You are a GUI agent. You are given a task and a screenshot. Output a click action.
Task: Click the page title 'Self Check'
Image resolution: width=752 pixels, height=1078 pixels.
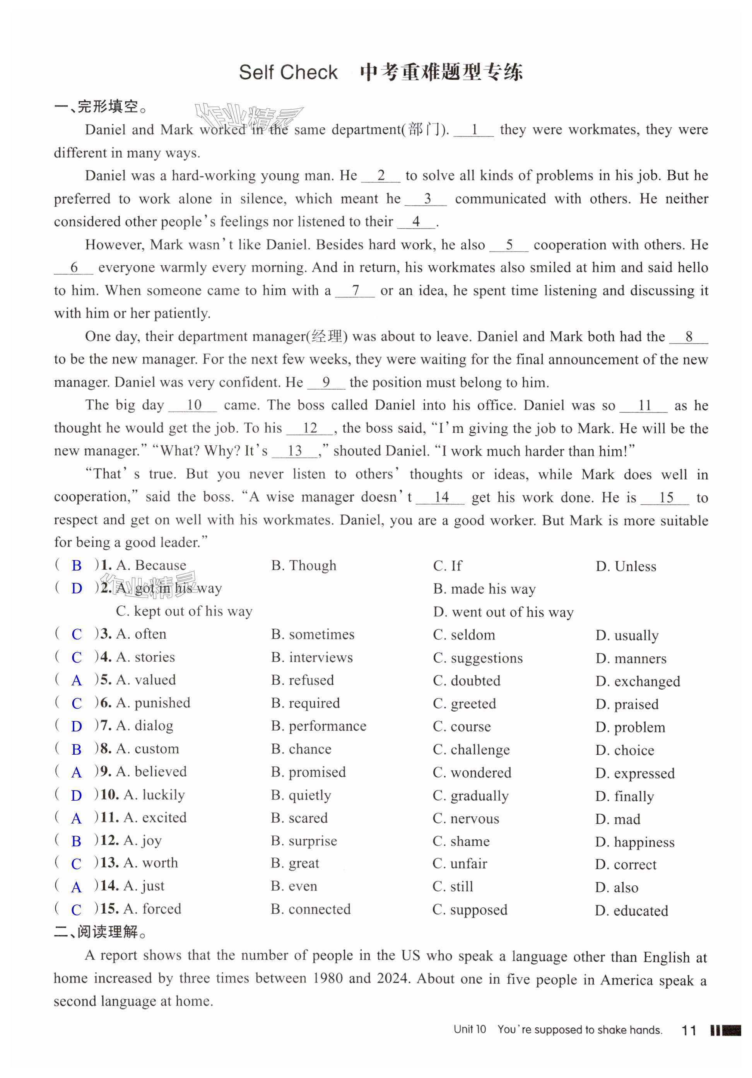coord(288,72)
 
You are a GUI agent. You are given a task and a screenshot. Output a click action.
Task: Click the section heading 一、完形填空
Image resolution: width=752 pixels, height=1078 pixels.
coord(101,107)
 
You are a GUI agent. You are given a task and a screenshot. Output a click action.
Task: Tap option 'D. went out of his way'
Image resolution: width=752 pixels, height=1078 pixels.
coord(503,612)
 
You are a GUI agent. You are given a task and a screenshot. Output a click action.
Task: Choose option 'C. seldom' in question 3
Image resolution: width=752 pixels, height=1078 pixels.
coord(464,635)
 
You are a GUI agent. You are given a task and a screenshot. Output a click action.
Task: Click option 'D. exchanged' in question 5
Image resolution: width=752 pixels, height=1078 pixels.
coord(637,681)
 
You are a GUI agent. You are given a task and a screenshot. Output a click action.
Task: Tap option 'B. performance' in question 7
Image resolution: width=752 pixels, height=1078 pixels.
coord(318,726)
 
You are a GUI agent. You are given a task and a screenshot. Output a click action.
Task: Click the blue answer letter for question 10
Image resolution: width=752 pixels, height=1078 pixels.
coord(77,795)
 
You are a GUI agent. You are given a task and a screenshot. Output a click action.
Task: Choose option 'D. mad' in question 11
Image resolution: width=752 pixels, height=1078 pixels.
coord(617,819)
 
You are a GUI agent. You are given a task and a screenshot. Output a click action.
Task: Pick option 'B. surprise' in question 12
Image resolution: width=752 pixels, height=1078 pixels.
coord(304,841)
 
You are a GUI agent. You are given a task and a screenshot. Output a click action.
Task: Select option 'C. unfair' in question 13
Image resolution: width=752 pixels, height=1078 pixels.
coord(460,863)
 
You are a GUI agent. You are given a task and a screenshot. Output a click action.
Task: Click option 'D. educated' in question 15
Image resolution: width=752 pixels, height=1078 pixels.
coord(631,911)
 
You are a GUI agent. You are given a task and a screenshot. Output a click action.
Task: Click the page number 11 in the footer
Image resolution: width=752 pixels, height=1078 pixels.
coord(688,1030)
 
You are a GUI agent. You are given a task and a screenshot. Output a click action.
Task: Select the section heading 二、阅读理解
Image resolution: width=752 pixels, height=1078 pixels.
coord(101,931)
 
